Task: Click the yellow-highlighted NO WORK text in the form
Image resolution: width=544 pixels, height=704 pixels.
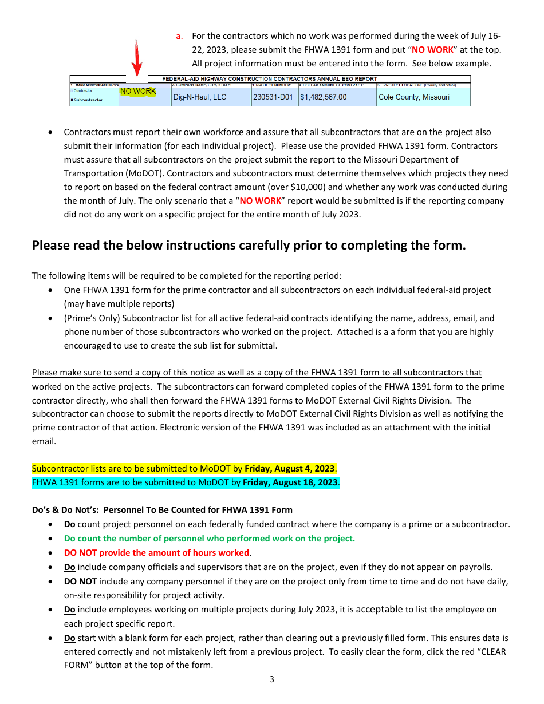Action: click(137, 92)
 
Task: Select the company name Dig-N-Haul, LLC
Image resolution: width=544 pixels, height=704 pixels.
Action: click(199, 97)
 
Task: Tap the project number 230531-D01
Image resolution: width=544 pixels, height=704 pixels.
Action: click(274, 97)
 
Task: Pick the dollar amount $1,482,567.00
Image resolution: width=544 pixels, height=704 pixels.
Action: click(324, 97)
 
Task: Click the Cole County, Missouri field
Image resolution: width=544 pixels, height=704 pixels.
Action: click(413, 97)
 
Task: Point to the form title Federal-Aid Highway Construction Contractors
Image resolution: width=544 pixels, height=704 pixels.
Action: click(270, 79)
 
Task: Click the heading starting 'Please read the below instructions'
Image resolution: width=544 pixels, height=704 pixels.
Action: click(249, 246)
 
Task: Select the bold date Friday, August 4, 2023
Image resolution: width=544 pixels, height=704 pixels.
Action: click(289, 469)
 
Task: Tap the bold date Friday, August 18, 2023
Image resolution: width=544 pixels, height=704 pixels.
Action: click(290, 482)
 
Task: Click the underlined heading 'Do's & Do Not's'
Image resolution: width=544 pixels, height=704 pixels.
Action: click(162, 510)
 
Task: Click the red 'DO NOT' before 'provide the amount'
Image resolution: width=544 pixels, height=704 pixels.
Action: click(80, 553)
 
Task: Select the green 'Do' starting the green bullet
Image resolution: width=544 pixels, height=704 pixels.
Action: click(69, 539)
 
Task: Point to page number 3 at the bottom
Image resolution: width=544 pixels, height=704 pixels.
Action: click(271, 680)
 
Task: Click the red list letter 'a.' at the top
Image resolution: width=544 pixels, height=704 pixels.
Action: click(179, 36)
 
